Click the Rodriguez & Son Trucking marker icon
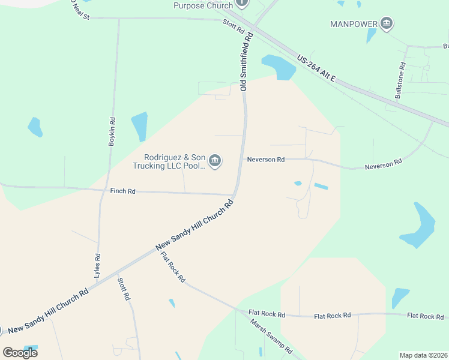[215, 161]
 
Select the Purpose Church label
[202, 5]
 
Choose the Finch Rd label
[123, 191]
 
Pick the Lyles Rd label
[97, 265]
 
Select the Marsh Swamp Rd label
[271, 337]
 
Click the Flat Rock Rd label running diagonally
[173, 267]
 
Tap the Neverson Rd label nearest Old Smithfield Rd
[265, 160]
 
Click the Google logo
[20, 352]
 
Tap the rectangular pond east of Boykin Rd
[139, 126]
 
